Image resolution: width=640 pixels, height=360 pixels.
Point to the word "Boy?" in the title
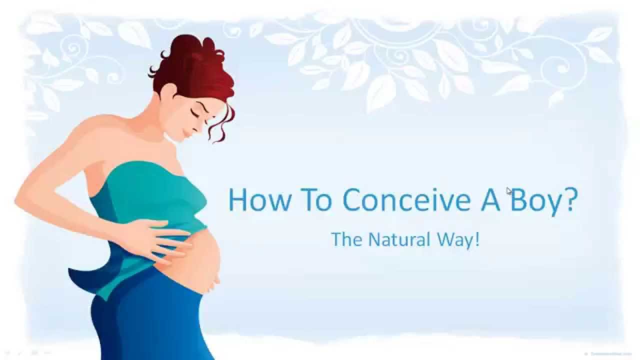pyautogui.click(x=539, y=200)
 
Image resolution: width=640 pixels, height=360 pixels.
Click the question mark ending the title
pyautogui.click(x=569, y=199)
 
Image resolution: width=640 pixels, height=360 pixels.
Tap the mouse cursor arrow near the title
pyautogui.click(x=509, y=190)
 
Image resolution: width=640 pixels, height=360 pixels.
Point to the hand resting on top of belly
pyautogui.click(x=160, y=235)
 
